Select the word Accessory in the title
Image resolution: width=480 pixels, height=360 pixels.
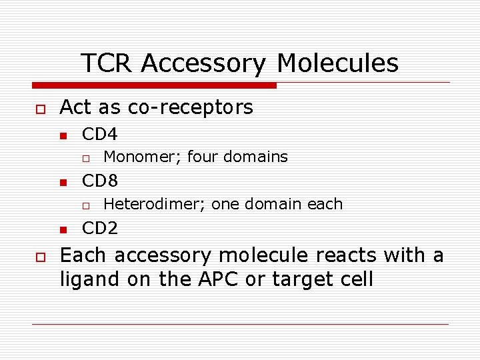204,63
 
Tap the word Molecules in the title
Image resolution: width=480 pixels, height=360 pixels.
337,63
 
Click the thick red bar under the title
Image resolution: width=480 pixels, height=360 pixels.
154,85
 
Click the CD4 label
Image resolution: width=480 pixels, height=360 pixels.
99,134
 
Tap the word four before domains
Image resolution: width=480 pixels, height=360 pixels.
203,157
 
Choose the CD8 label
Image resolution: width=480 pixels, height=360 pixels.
99,181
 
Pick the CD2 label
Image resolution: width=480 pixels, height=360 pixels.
99,229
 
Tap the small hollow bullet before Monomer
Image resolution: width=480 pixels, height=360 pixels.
85,158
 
